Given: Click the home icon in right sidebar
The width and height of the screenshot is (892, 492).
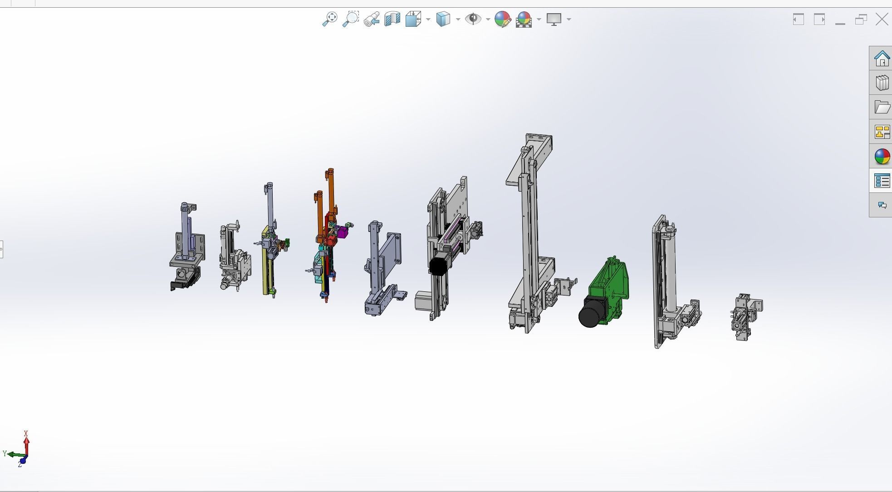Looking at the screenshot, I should point(882,59).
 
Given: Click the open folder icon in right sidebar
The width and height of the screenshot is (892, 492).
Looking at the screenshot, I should point(882,108).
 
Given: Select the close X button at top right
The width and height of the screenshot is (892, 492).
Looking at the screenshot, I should point(882,20).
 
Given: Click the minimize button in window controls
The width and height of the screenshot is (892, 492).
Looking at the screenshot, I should point(840,20).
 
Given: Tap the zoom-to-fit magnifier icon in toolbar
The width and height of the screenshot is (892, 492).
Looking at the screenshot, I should point(330,19).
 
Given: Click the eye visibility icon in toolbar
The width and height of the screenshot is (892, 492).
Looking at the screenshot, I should point(473,19).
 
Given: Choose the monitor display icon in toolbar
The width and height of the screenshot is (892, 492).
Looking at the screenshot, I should point(554,19).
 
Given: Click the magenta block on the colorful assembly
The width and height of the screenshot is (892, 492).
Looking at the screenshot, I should point(343,232).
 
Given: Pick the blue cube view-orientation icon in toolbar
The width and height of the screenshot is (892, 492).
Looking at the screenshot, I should point(443,19).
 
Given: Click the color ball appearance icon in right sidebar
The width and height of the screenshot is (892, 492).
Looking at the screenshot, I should point(882,157).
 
